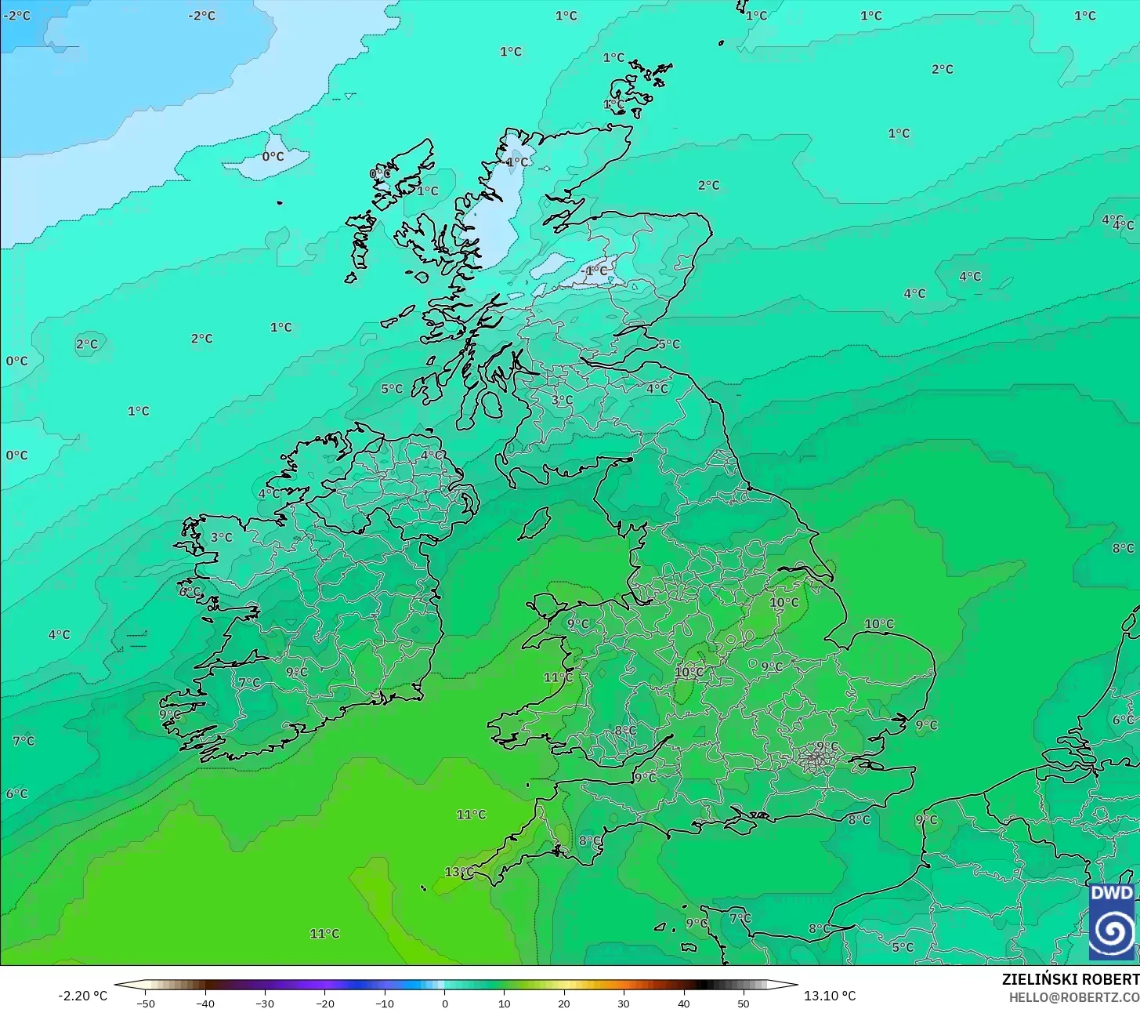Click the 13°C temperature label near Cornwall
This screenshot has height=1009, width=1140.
coord(459,872)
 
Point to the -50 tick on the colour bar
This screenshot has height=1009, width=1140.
coord(146,1003)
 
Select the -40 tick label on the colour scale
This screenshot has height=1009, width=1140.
coord(205,1003)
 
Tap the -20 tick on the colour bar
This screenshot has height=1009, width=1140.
coord(325,1003)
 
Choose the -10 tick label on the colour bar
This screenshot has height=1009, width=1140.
coord(385,1003)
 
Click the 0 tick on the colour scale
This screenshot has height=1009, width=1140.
coord(444,1003)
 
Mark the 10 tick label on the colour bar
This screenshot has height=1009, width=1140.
coord(504,1003)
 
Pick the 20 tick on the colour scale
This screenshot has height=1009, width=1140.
coord(564,1003)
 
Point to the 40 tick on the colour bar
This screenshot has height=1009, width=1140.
coord(683,1003)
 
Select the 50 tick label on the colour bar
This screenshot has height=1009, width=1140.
coord(744,1003)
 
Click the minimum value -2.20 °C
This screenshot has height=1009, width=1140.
coord(83,996)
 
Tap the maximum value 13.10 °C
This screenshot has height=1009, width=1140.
coord(830,996)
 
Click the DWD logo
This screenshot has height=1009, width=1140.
coord(1112,920)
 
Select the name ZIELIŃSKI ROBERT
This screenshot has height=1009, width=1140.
coord(1070,979)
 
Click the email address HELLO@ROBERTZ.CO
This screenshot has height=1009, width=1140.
coord(1073,997)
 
